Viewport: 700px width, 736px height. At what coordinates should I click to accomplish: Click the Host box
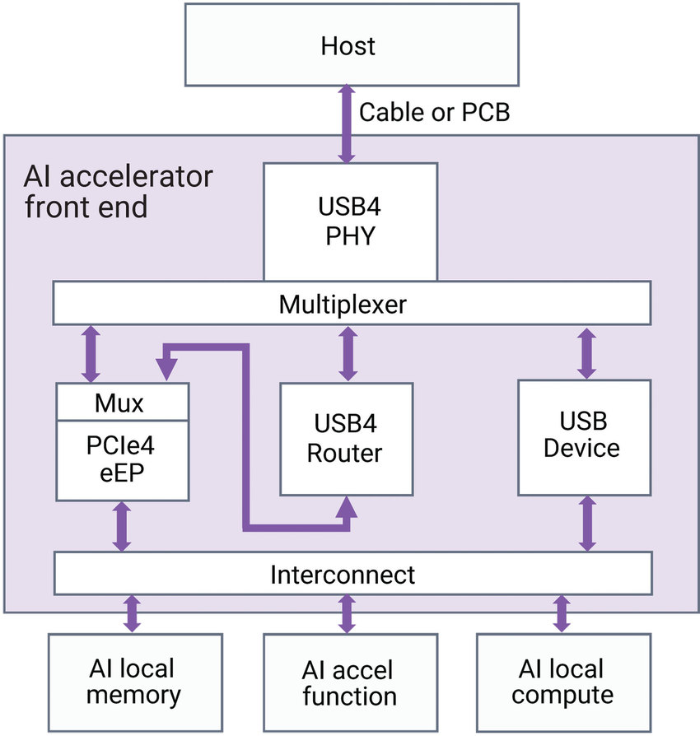(x=352, y=44)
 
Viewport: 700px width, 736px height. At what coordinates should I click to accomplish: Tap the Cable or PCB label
(x=434, y=112)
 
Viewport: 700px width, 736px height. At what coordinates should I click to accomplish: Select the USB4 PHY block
(x=350, y=221)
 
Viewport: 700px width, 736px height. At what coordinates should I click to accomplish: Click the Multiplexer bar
(x=352, y=304)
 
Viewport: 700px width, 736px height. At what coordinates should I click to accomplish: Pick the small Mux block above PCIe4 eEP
(x=122, y=403)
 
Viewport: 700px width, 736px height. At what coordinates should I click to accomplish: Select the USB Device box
(x=585, y=436)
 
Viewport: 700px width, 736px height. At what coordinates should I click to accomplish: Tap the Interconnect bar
(x=352, y=573)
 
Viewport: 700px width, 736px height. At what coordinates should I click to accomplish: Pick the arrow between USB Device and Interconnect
(x=586, y=524)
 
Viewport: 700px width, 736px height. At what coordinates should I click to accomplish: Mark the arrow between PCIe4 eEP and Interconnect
(x=122, y=526)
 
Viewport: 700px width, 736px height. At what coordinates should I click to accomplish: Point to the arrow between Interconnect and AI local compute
(x=562, y=614)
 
